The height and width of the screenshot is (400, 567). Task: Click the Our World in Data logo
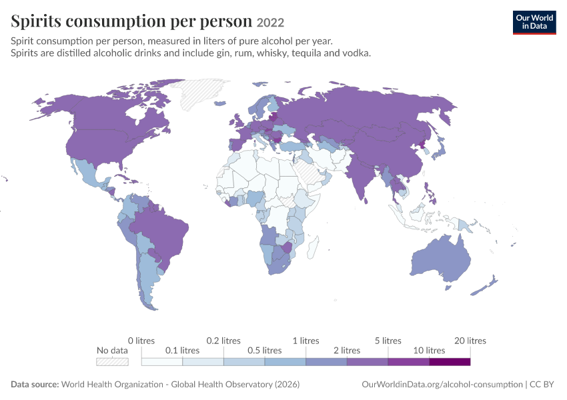click(534, 23)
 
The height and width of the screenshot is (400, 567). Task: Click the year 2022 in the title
click(270, 23)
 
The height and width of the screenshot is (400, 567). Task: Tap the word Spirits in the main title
click(36, 21)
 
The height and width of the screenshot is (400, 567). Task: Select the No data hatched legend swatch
click(112, 362)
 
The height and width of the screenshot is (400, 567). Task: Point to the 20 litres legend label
click(470, 341)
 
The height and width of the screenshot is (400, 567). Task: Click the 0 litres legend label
click(141, 341)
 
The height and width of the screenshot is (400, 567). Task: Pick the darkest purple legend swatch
click(450, 362)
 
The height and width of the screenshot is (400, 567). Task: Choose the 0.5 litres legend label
click(264, 350)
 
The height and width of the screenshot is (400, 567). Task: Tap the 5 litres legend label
click(388, 341)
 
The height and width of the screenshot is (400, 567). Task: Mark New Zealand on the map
click(484, 286)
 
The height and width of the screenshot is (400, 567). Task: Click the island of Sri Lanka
click(366, 200)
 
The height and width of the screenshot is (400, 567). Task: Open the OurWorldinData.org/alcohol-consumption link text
click(442, 384)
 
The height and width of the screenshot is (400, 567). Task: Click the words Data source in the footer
click(35, 384)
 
